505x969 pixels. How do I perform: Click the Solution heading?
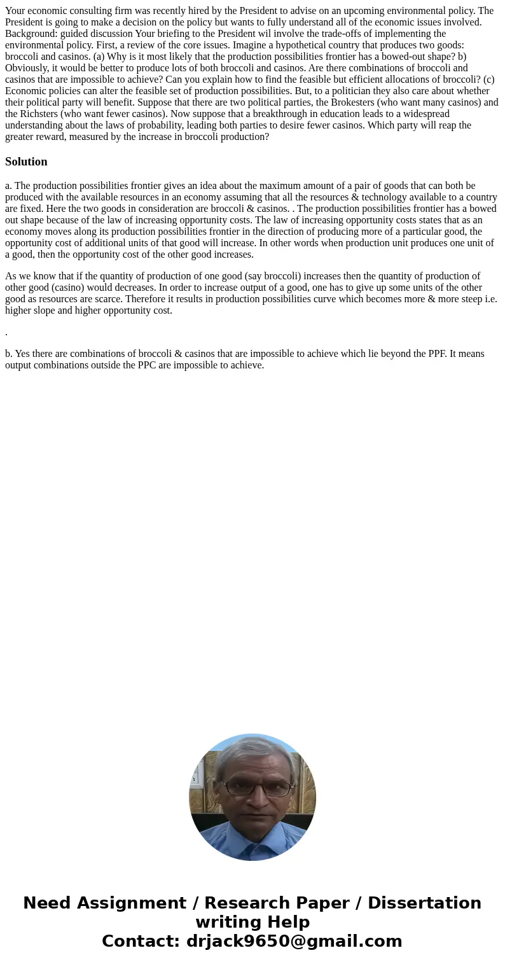tap(26, 162)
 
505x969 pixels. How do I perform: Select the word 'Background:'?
tap(31, 34)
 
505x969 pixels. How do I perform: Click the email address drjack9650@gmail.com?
tap(294, 941)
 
